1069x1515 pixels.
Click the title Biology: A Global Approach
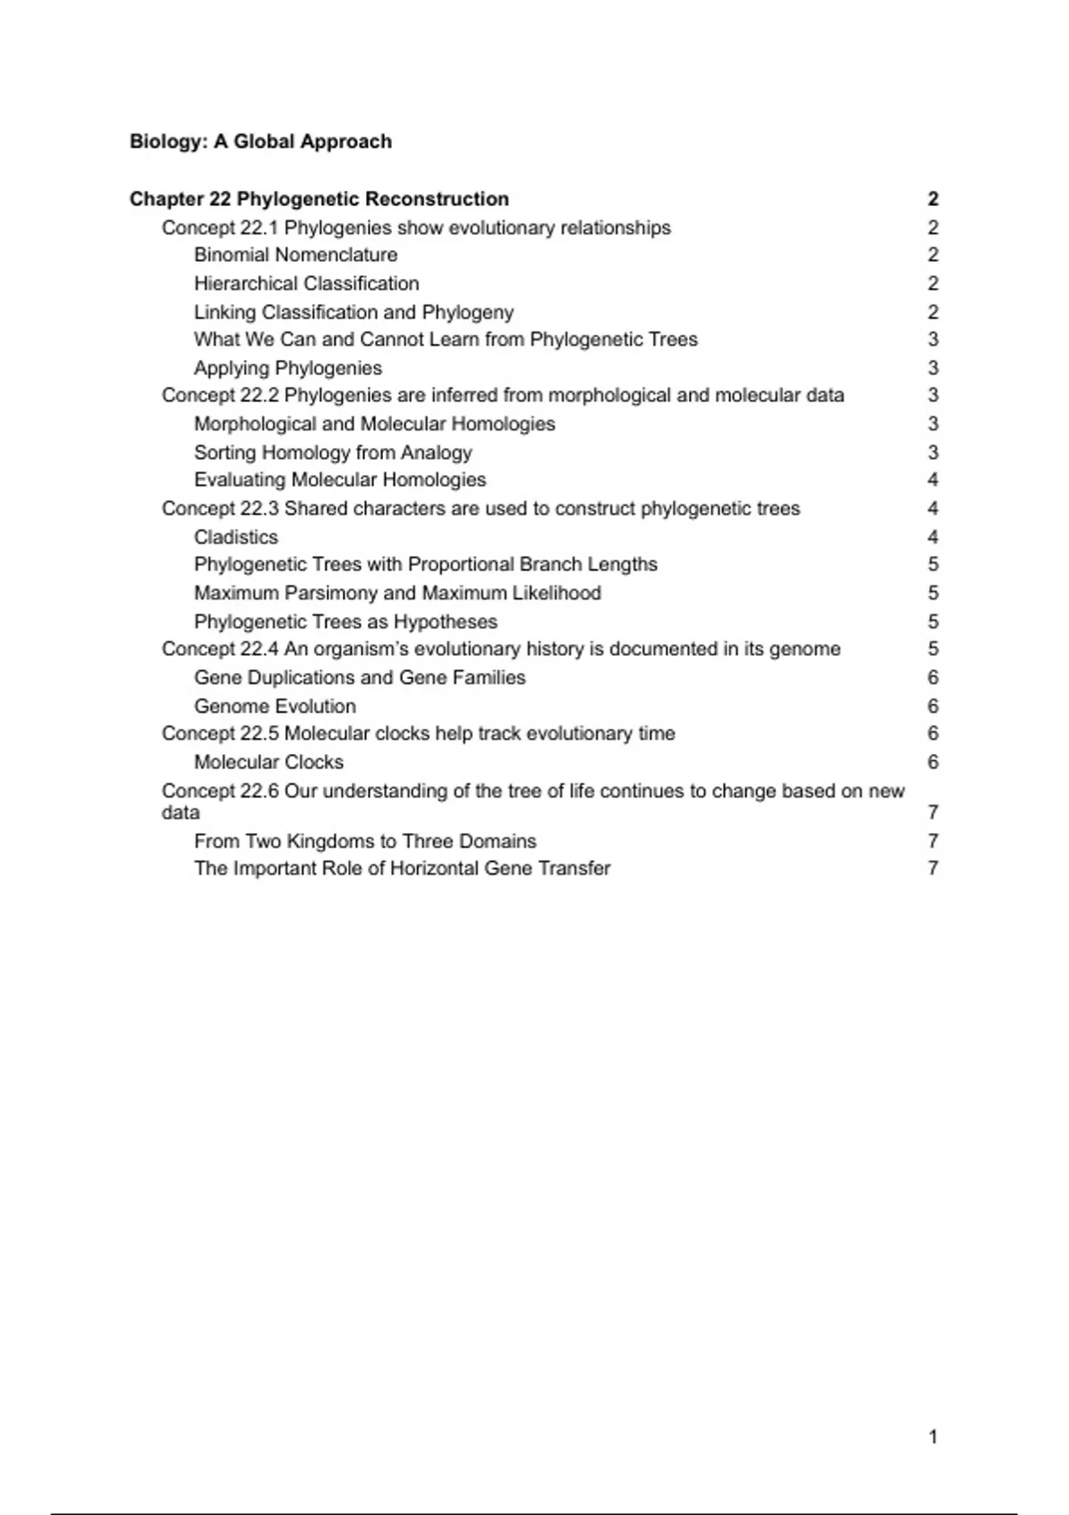(260, 142)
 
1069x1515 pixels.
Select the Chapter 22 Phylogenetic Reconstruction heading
(319, 199)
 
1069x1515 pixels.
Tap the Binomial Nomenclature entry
(296, 255)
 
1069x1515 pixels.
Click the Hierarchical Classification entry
(306, 283)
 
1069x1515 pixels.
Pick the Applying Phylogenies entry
(288, 368)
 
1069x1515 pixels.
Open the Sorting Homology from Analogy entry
(333, 453)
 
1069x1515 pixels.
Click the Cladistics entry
(236, 537)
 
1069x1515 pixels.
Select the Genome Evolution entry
(275, 707)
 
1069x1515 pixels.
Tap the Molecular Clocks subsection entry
(269, 763)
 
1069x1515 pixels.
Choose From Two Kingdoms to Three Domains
(365, 841)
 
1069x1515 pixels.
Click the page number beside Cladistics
(933, 537)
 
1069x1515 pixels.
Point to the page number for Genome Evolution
(933, 707)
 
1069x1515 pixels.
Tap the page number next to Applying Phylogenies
(933, 368)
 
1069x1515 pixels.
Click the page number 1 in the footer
(933, 1437)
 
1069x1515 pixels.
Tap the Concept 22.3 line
(481, 509)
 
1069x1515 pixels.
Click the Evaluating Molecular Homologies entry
(340, 480)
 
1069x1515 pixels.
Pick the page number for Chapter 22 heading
(933, 199)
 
